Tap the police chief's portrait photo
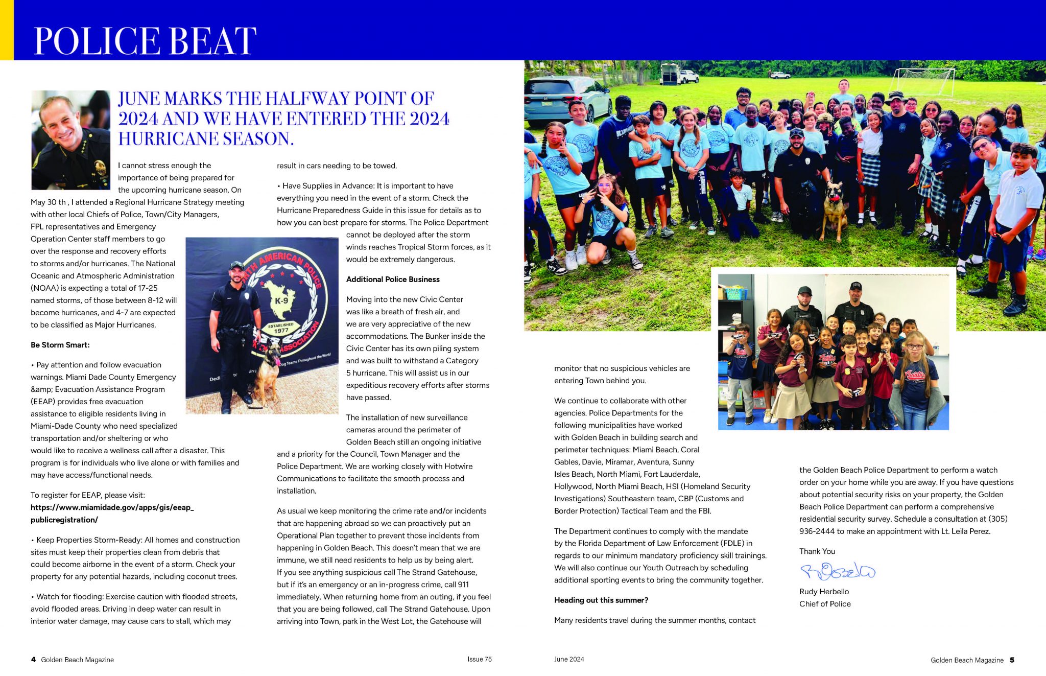click(70, 140)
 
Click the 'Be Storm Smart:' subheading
click(60, 345)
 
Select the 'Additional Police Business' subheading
click(393, 279)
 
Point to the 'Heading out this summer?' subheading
click(601, 600)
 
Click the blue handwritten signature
click(838, 571)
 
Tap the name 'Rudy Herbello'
click(824, 592)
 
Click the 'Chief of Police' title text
click(825, 604)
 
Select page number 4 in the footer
click(34, 660)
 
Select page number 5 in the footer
click(1012, 660)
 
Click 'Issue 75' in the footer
click(479, 659)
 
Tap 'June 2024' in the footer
click(569, 659)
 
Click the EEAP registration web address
click(112, 514)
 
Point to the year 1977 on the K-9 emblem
click(281, 331)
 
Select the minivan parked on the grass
click(567, 100)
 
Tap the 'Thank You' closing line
click(817, 551)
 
